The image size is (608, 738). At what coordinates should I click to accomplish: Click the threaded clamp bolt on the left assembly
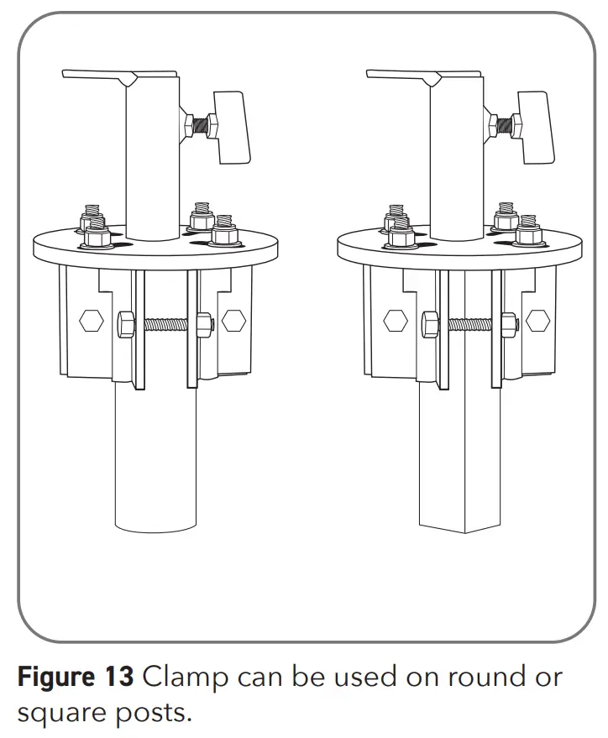pos(163,322)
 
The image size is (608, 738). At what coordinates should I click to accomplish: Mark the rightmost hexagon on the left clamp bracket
pos(233,320)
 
